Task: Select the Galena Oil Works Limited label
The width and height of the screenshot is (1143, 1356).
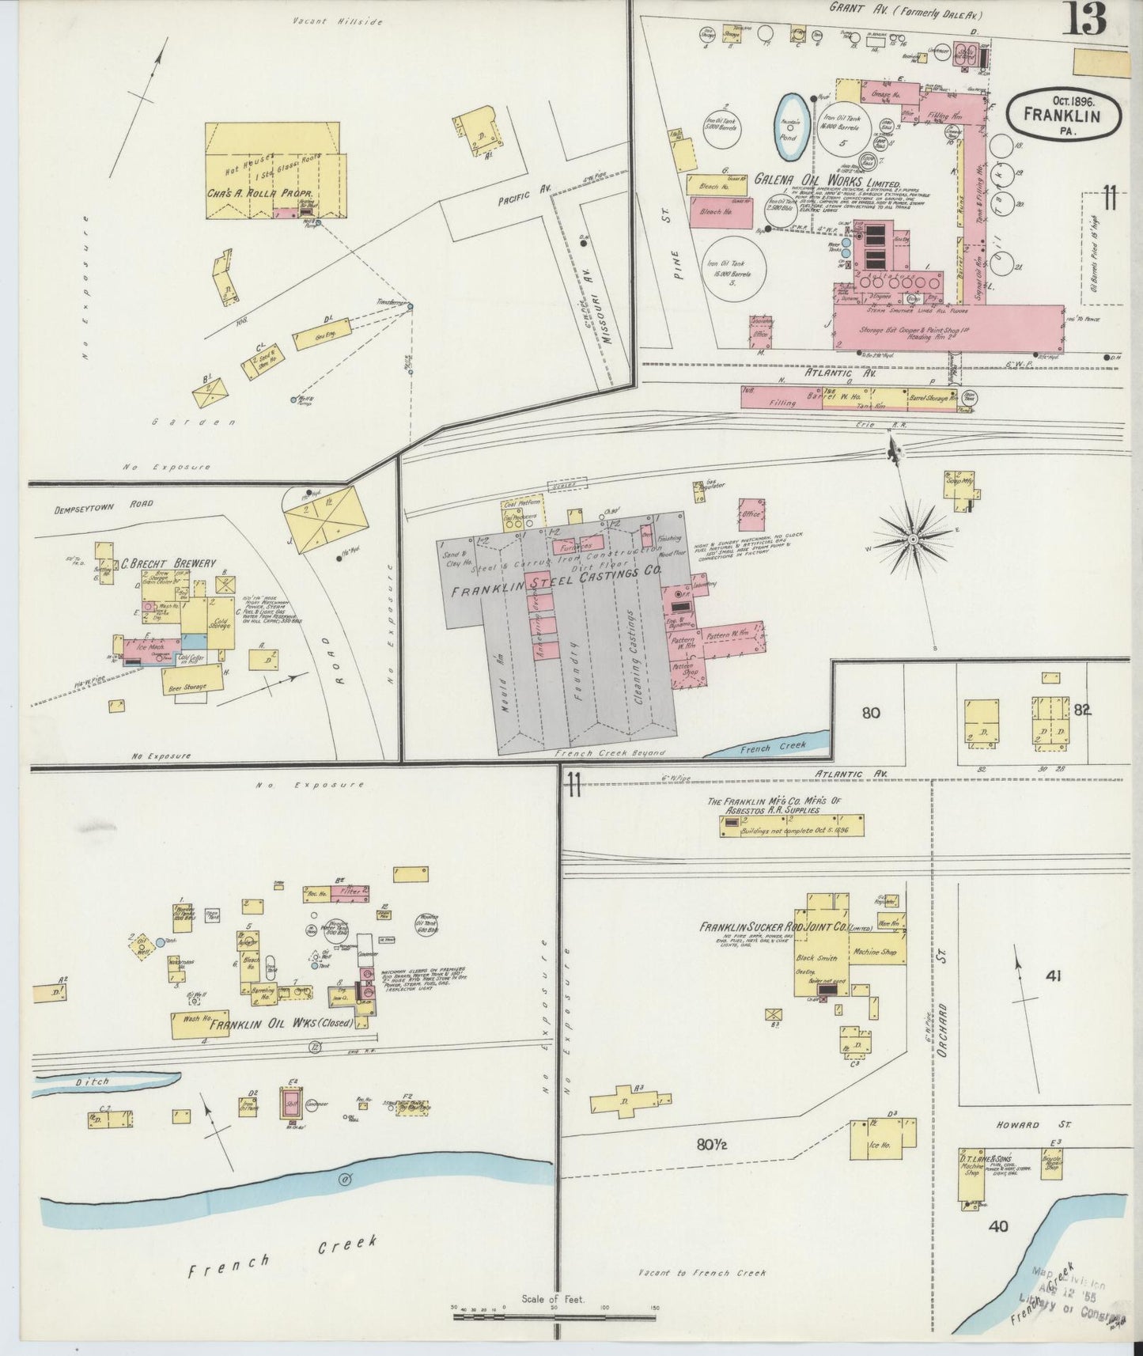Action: [823, 180]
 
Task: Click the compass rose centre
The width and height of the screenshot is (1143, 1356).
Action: [913, 540]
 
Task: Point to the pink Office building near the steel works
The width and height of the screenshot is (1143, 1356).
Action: [751, 513]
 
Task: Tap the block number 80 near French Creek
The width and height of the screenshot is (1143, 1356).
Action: [870, 713]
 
